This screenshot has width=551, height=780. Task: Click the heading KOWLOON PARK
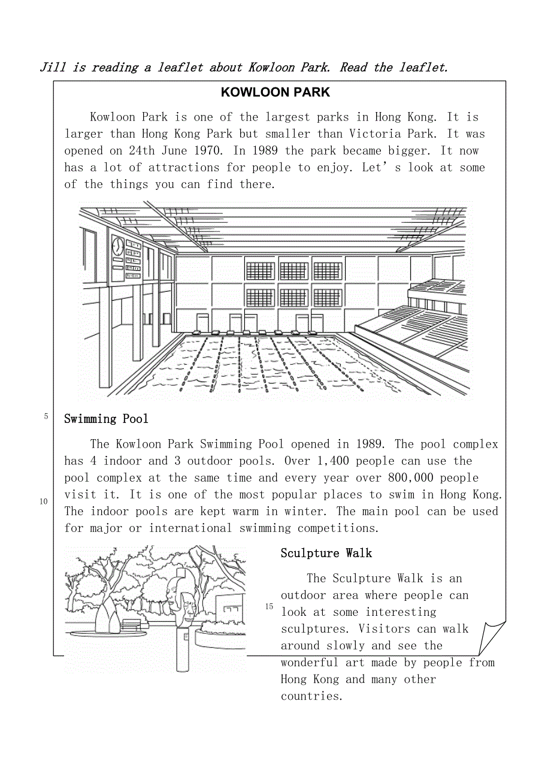tap(275, 92)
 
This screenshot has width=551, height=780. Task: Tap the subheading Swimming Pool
tap(106, 419)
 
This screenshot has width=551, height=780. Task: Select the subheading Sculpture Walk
tap(326, 553)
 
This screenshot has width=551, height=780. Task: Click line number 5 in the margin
tap(46, 416)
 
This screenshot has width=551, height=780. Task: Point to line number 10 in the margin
tap(44, 501)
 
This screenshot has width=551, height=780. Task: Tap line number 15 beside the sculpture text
tap(269, 607)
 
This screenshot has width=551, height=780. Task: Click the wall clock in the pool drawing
tap(117, 246)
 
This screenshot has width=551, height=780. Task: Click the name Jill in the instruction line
tap(53, 68)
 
